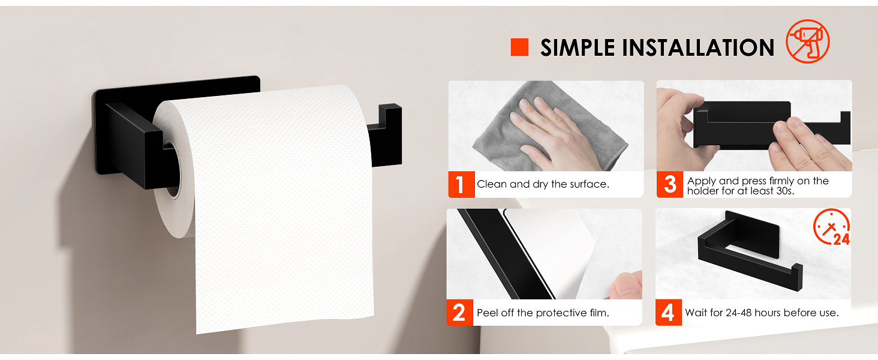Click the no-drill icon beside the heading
(x=807, y=41)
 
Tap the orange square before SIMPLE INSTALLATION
(x=519, y=47)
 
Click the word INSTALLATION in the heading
(x=697, y=48)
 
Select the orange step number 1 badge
(x=460, y=184)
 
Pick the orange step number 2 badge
(x=459, y=313)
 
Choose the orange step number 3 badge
(x=669, y=184)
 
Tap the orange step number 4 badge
(x=668, y=313)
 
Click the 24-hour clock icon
(x=831, y=228)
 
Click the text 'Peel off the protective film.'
(x=543, y=313)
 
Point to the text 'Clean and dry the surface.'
(x=543, y=184)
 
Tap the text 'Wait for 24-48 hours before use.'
(x=762, y=313)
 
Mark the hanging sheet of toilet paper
(x=285, y=240)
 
